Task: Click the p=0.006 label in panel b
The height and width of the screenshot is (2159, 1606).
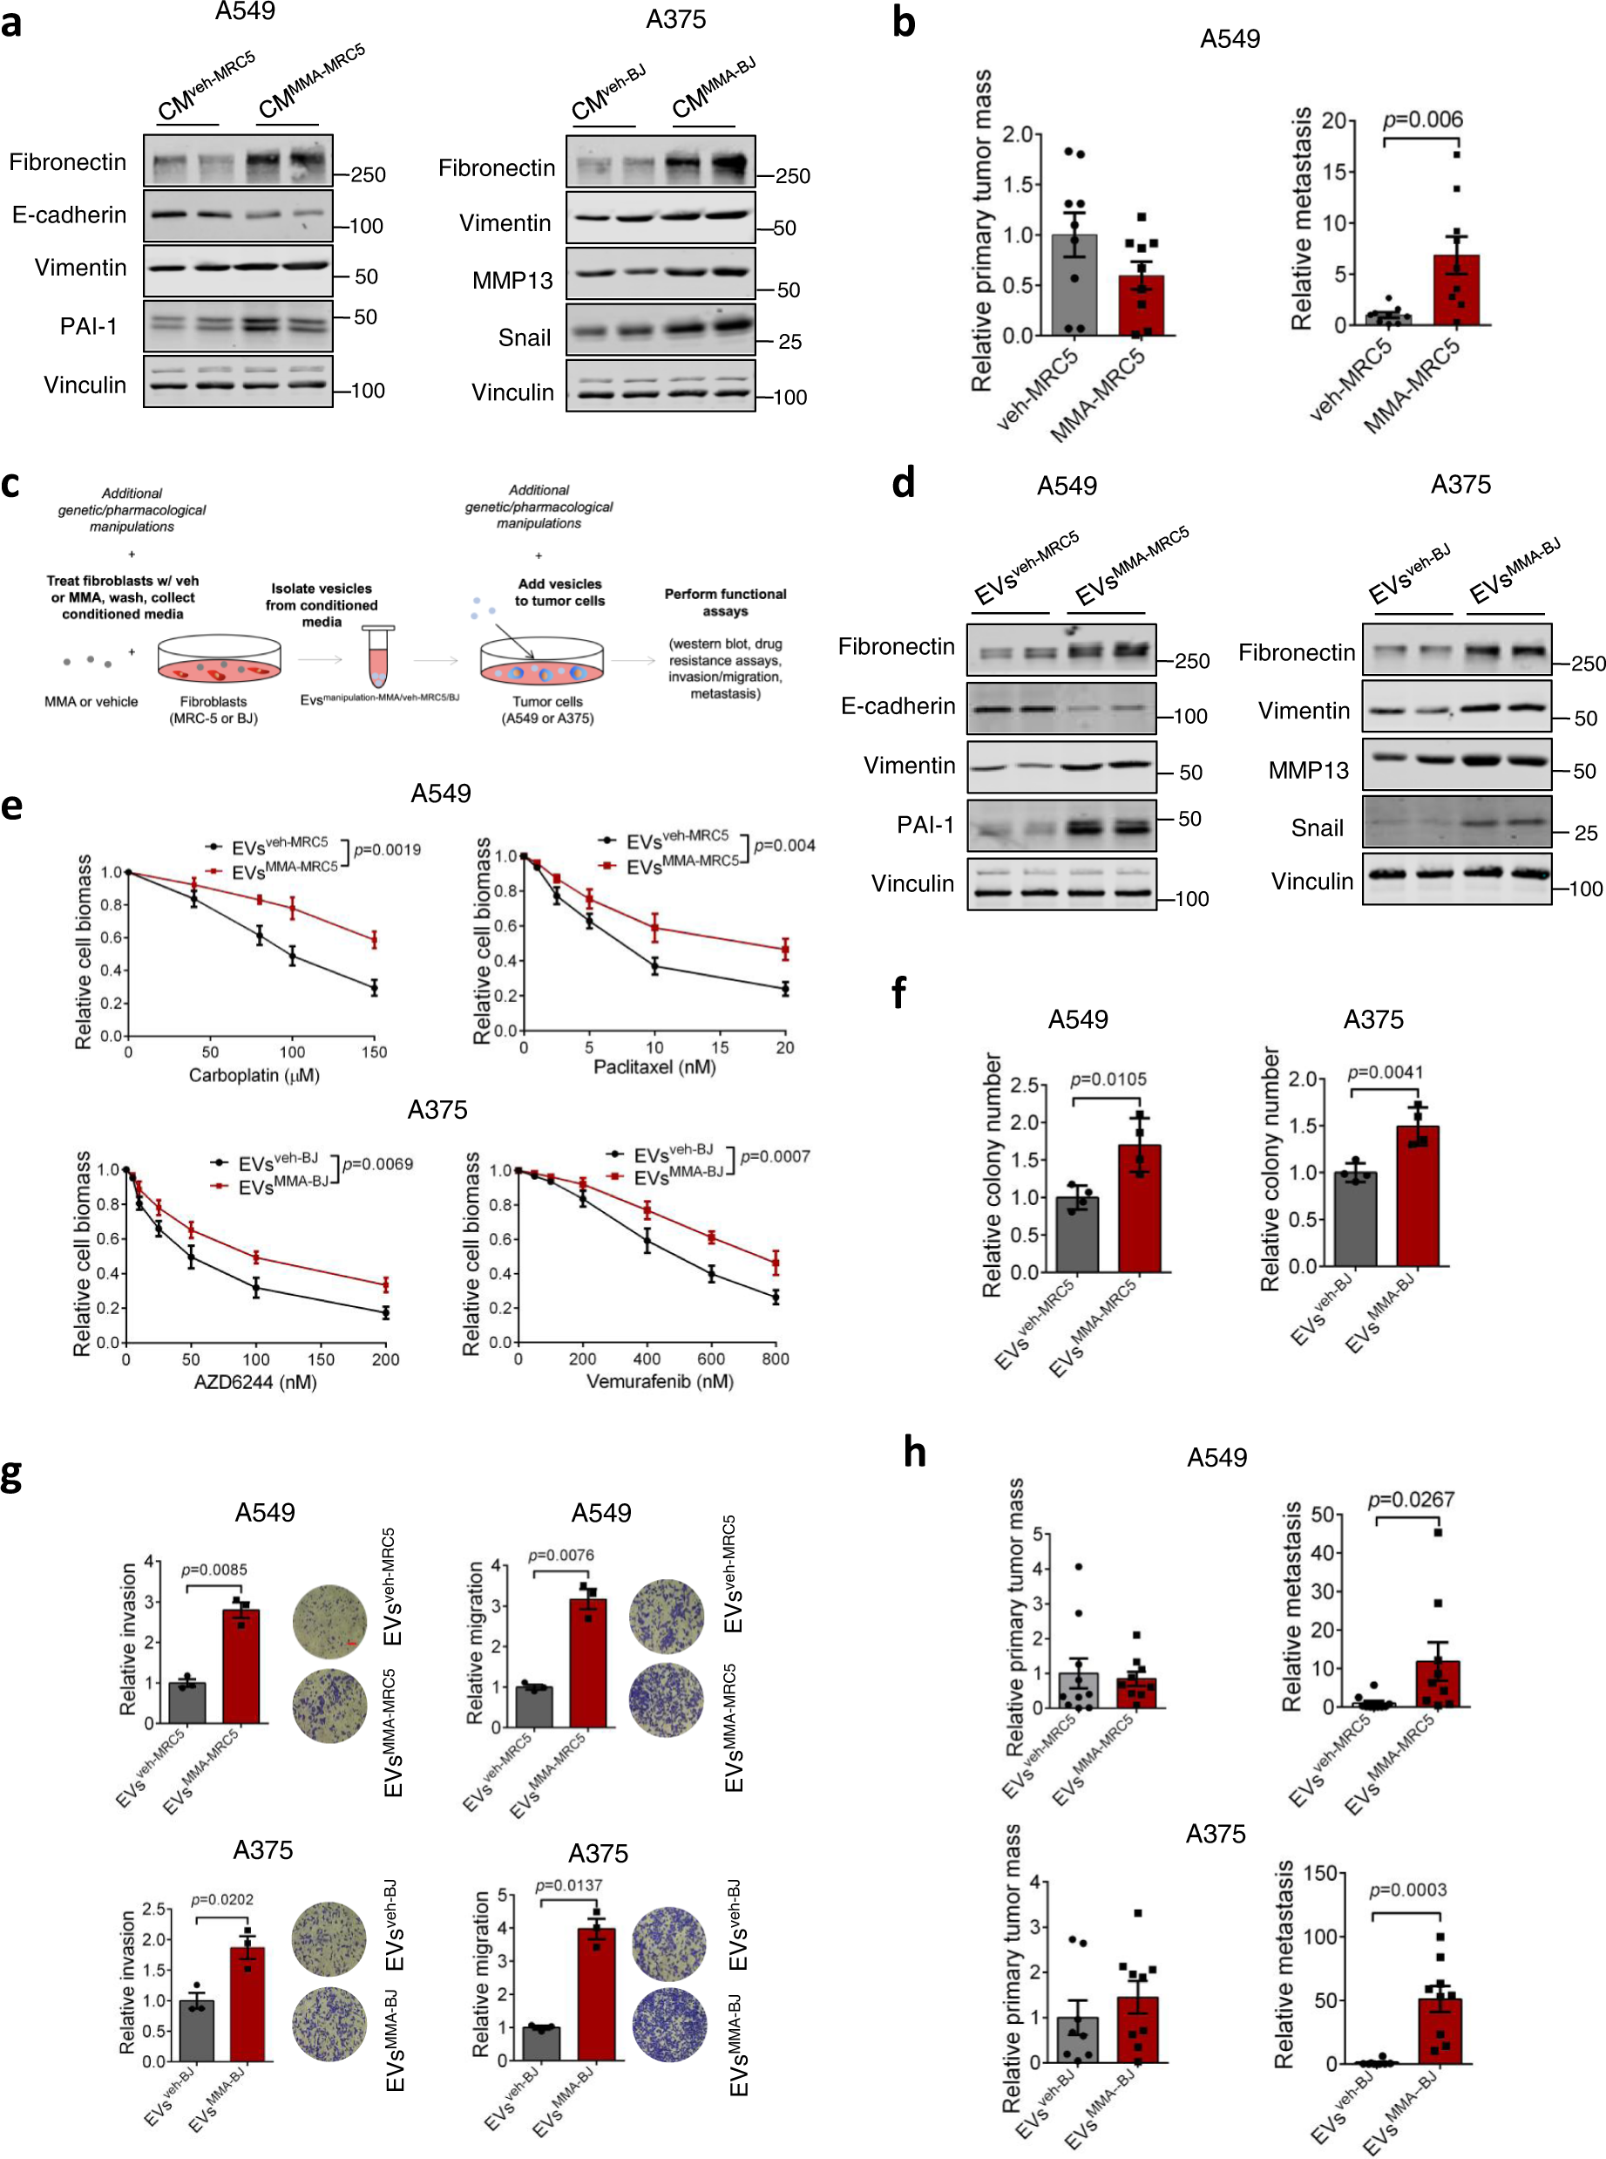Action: pos(1422,119)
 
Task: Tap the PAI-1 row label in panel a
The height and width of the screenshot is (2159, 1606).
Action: pos(89,326)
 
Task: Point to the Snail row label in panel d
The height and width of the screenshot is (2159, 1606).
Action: pos(1317,828)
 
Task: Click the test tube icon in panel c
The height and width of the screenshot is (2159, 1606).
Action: pos(378,657)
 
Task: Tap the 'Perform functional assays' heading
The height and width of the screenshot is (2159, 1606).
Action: pos(725,602)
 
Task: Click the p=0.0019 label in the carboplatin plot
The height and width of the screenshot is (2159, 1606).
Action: pos(387,850)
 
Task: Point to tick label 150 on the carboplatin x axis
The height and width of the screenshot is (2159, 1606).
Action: pos(375,1052)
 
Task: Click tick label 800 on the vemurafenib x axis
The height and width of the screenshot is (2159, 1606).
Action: pos(775,1359)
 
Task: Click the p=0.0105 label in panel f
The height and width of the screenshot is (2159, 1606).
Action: pos(1108,1079)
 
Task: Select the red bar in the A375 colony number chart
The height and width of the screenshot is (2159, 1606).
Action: pos(1418,1195)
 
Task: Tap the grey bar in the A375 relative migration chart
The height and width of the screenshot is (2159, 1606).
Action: pos(541,2042)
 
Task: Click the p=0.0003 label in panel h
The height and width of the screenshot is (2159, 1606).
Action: pos(1406,1890)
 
